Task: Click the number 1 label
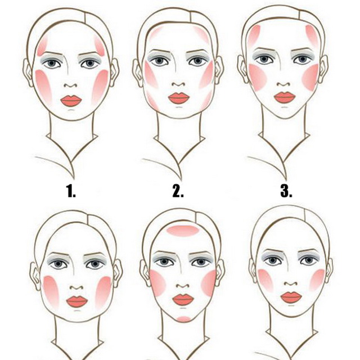coord(71,191)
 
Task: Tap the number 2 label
coord(178,191)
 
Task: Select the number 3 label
coord(286,191)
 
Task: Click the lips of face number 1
coord(71,101)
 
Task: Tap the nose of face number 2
coord(179,84)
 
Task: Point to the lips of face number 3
coord(285,97)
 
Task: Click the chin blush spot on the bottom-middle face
coord(184,319)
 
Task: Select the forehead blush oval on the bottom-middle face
coord(182,231)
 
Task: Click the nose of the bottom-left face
coord(76,287)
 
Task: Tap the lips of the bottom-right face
coord(291,298)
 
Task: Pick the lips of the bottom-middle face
coord(183,300)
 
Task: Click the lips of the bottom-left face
coord(77,301)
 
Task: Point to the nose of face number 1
coord(71,85)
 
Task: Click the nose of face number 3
coord(284,84)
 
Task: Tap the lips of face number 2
coord(179,98)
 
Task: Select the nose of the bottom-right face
coord(291,284)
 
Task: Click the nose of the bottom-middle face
coord(183,286)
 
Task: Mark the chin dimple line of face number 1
coord(71,110)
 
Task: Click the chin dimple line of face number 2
coord(179,107)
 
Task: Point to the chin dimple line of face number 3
coord(285,107)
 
